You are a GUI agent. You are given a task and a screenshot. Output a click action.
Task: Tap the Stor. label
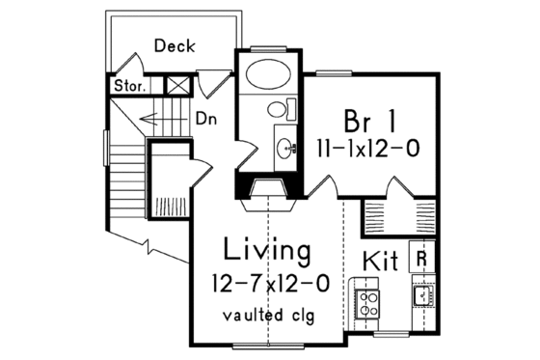coord(130,86)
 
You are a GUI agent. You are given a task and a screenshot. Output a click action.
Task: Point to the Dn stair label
coord(205,120)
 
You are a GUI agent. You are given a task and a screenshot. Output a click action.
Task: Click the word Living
coord(267,252)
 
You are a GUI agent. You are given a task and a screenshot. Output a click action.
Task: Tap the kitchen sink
coord(421,295)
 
